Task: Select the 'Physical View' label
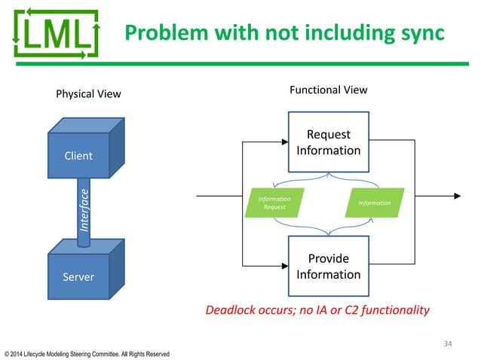pyautogui.click(x=88, y=94)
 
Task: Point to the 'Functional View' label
pyautogui.click(x=329, y=90)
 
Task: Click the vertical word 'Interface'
pyautogui.click(x=85, y=210)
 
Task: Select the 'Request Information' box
pyautogui.click(x=329, y=142)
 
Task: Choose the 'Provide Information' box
pyautogui.click(x=329, y=266)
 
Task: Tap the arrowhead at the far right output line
pyautogui.click(x=457, y=197)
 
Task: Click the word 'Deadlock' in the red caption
pyautogui.click(x=230, y=310)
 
